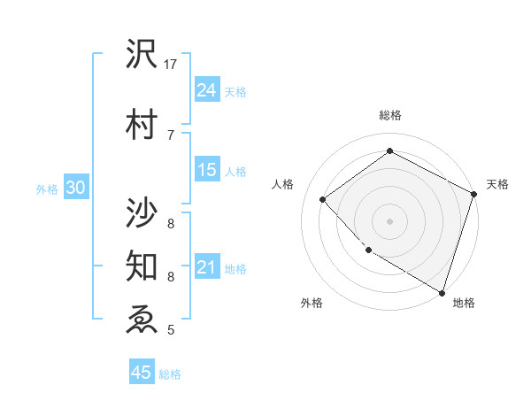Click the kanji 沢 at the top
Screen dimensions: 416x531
(142, 55)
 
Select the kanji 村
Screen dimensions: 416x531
(142, 125)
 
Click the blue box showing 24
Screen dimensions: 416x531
(207, 89)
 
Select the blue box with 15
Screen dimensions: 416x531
(207, 170)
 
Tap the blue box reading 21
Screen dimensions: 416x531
(207, 267)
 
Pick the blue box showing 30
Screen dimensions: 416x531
(75, 188)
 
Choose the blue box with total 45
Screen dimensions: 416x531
(142, 373)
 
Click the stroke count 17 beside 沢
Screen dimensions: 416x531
(171, 65)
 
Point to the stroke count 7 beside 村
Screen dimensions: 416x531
(171, 134)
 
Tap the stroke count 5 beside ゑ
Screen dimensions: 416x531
(171, 330)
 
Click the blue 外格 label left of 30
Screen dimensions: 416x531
(47, 189)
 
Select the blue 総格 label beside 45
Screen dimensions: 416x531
(170, 374)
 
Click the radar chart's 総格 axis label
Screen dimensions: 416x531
(389, 115)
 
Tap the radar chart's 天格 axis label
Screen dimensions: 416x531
(497, 184)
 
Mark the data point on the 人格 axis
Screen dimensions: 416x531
(323, 199)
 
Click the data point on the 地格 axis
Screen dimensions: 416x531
(442, 291)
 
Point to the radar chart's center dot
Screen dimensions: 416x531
(389, 220)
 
